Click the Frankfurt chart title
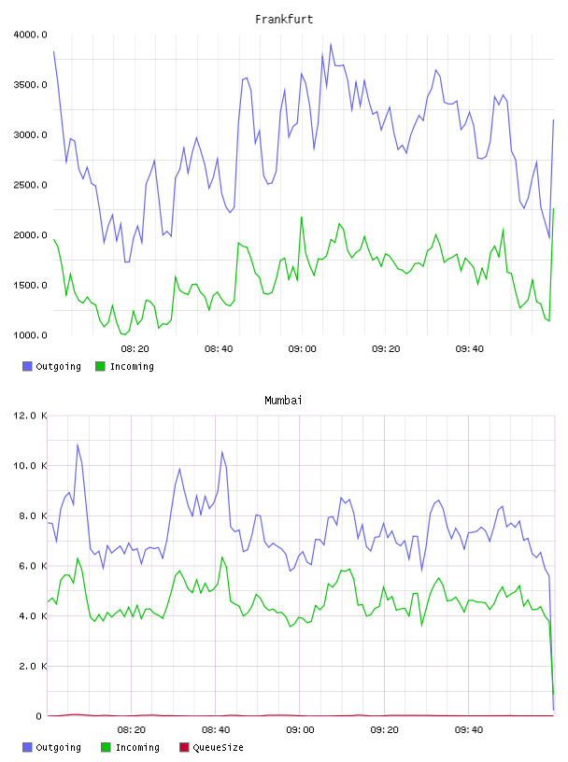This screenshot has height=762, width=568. coord(284,19)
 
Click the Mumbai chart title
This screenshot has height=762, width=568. coord(283,400)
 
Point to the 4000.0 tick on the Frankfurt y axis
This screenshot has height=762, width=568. coord(30,35)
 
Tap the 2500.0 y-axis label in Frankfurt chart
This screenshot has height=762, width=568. coord(30,185)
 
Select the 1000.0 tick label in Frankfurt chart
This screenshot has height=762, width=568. coord(30,335)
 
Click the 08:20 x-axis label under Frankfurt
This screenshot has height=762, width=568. coord(135,348)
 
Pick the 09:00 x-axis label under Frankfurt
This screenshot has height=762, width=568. coord(302,348)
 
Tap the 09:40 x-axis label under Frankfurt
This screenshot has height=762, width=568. coord(469,348)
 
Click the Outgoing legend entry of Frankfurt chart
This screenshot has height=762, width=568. coord(51,366)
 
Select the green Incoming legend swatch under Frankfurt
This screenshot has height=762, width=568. coord(100,366)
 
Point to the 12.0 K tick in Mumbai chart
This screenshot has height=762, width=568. coord(30,416)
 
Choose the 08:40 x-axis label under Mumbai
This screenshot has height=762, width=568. coord(216,729)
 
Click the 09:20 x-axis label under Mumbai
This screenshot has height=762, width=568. coord(384,729)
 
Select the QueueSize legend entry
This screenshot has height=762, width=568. coord(211,747)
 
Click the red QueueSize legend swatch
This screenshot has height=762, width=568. coord(184,747)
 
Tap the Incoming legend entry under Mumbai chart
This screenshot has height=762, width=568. coord(131,747)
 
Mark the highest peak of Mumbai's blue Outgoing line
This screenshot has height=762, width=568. coord(78,444)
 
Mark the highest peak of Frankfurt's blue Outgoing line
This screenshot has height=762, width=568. coord(331,44)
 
